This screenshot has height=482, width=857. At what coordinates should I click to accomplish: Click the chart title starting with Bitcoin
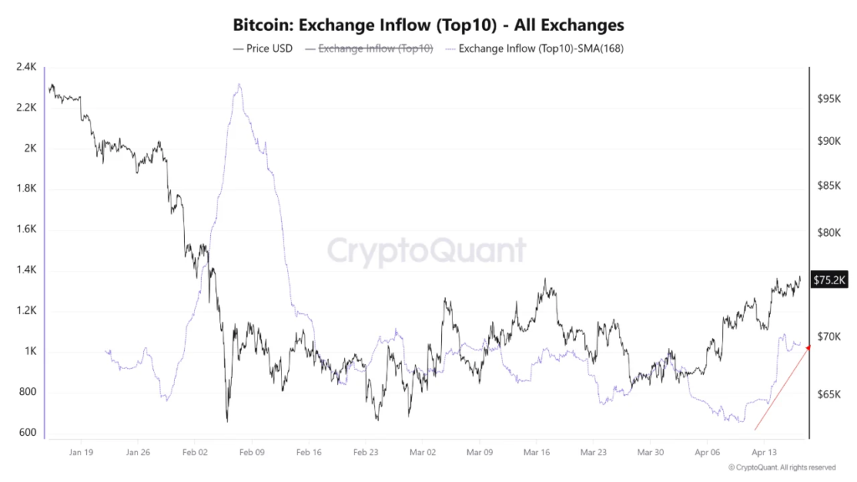pos(428,26)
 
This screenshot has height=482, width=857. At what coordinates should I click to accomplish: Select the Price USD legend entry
pos(262,49)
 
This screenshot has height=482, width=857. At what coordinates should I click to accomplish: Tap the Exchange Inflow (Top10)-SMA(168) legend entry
pos(535,49)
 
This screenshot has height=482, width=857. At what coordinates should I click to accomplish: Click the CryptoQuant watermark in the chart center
pos(426,250)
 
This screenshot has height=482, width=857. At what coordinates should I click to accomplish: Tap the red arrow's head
pos(808,347)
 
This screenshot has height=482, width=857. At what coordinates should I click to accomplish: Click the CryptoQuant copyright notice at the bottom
pos(782,467)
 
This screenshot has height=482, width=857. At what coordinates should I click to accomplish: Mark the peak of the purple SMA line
pos(239,84)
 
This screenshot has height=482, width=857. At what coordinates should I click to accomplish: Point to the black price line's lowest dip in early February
pos(227,421)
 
